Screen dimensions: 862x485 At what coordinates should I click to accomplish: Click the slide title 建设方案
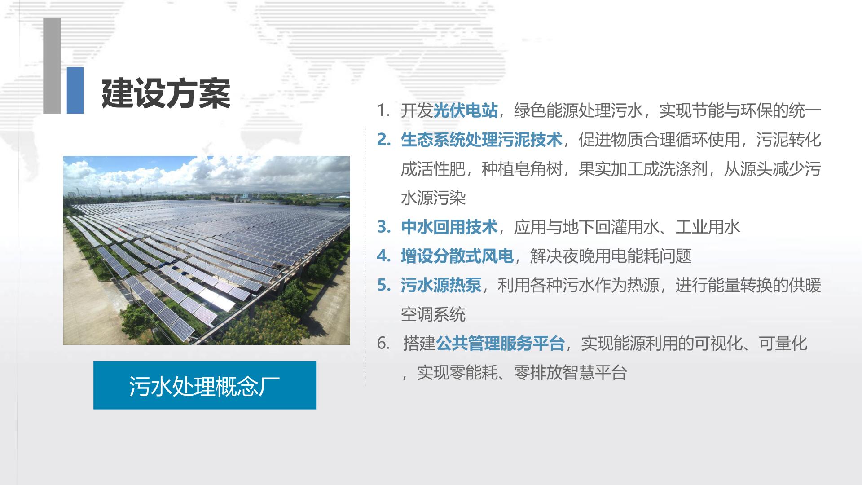pyautogui.click(x=166, y=94)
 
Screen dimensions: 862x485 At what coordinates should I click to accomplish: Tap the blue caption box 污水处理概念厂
pyautogui.click(x=205, y=385)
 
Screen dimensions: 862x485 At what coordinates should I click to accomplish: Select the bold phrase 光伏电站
pyautogui.click(x=465, y=110)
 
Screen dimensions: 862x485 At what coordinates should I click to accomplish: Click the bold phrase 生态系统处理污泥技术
pyautogui.click(x=481, y=140)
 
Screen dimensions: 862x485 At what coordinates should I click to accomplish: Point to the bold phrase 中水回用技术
pyautogui.click(x=449, y=227)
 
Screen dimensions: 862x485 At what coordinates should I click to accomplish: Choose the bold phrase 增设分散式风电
pyautogui.click(x=457, y=256)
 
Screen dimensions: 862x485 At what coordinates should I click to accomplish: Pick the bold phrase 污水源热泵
pyautogui.click(x=441, y=285)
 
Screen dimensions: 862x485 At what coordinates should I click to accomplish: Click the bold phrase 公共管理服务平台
pyautogui.click(x=500, y=344)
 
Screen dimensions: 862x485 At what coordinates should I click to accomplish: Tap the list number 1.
pyautogui.click(x=383, y=111)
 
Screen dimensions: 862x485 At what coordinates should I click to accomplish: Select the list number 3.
pyautogui.click(x=383, y=227)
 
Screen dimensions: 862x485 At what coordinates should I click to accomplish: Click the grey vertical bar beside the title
pyautogui.click(x=52, y=66)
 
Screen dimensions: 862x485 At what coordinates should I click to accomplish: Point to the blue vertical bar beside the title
pyautogui.click(x=75, y=90)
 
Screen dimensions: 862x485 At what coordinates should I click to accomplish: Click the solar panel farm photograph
pyautogui.click(x=207, y=250)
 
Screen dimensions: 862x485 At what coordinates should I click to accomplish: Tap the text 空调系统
pyautogui.click(x=433, y=314)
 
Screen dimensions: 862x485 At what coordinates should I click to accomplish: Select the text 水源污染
pyautogui.click(x=433, y=198)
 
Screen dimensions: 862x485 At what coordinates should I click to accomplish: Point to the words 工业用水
pyautogui.click(x=708, y=227)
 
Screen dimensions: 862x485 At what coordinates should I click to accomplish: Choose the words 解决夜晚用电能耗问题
pyautogui.click(x=611, y=256)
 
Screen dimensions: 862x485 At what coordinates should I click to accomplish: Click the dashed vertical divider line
pyautogui.click(x=365, y=256)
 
